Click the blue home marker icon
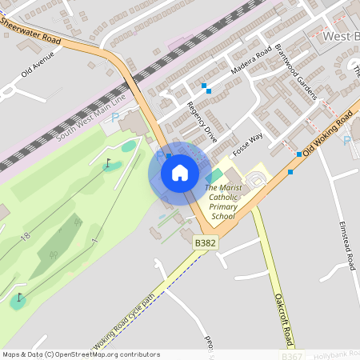click(180, 173)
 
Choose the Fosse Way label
click(247, 144)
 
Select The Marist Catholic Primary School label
click(222, 202)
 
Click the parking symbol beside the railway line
click(114, 118)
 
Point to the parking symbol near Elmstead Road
click(346, 141)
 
